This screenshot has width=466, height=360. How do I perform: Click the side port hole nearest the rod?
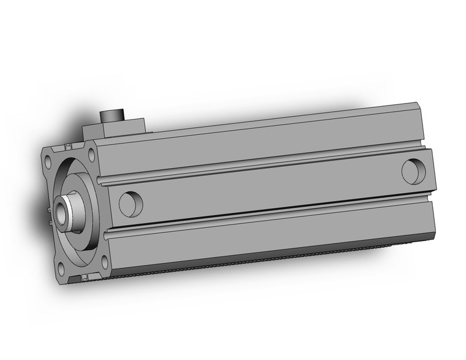coord(131,204)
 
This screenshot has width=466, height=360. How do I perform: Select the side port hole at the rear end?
coord(414,170)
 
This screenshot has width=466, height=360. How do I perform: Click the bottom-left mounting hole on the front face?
coord(63,269)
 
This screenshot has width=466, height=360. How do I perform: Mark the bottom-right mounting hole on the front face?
coord(104,262)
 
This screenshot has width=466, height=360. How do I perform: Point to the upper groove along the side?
coord(258,166)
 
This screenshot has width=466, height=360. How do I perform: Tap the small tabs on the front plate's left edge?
coord(48,212)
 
